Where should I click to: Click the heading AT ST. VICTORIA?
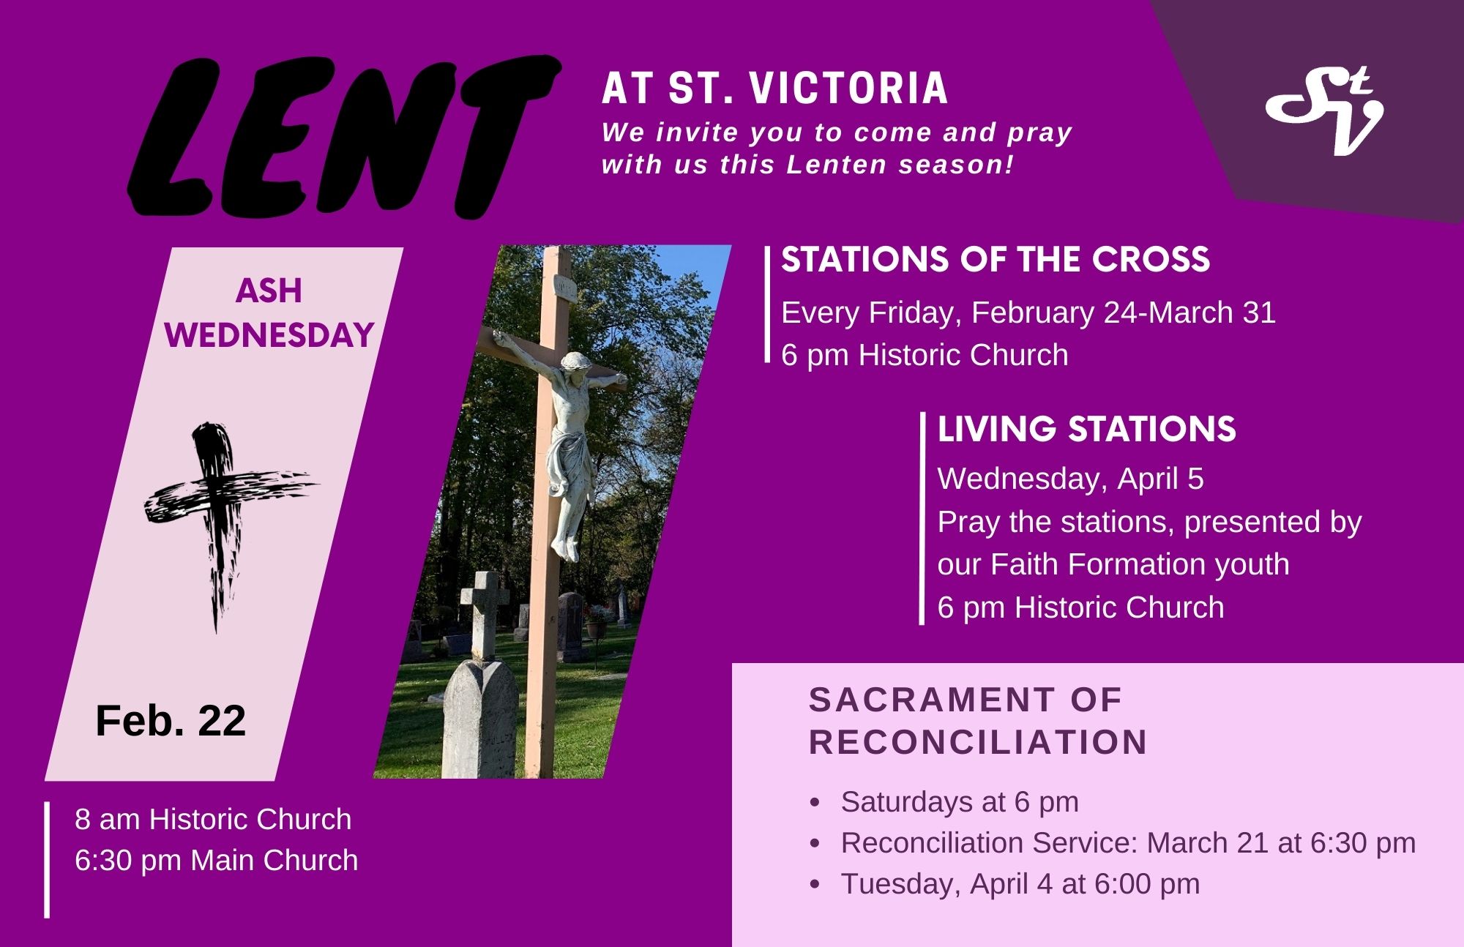click(774, 89)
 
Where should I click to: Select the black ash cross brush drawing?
click(231, 524)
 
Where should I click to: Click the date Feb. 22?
click(171, 721)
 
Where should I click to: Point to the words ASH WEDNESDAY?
click(269, 313)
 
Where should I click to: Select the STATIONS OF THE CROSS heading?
click(996, 260)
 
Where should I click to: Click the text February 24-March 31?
click(1124, 312)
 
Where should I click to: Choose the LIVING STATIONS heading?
click(1086, 430)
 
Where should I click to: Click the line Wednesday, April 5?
click(1071, 479)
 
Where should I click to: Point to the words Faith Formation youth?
click(1140, 564)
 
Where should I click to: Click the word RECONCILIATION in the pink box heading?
click(979, 742)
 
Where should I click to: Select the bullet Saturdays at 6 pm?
click(960, 802)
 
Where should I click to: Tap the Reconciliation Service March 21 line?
click(1128, 843)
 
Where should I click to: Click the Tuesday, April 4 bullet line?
click(1020, 884)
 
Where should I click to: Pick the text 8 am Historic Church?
click(213, 820)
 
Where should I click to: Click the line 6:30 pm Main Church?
click(217, 861)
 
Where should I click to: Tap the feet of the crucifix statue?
click(564, 547)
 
